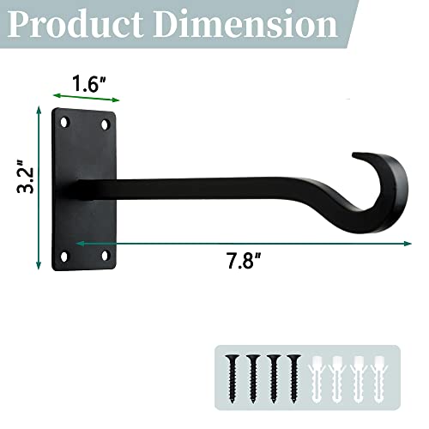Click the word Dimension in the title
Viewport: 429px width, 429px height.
pyautogui.click(x=249, y=25)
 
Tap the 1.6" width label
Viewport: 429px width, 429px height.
pyautogui.click(x=89, y=85)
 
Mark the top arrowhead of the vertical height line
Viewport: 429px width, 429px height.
pyautogui.click(x=38, y=110)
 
